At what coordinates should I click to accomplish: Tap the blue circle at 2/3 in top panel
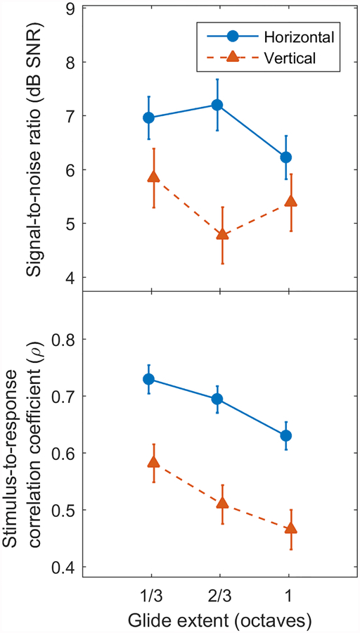pyautogui.click(x=217, y=105)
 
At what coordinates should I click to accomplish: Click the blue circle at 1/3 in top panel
pyautogui.click(x=149, y=117)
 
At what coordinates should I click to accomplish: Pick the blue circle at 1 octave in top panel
pyautogui.click(x=285, y=157)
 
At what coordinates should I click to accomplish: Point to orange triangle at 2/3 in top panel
pyautogui.click(x=221, y=233)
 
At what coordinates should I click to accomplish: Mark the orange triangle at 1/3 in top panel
pyautogui.click(x=153, y=177)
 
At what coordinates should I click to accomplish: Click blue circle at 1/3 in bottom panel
pyautogui.click(x=149, y=379)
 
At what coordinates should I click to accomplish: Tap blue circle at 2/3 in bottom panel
pyautogui.click(x=217, y=399)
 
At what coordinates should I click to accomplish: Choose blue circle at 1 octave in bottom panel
pyautogui.click(x=285, y=435)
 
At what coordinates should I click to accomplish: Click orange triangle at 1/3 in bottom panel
pyautogui.click(x=153, y=462)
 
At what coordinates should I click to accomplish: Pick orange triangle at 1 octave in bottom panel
pyautogui.click(x=290, y=527)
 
